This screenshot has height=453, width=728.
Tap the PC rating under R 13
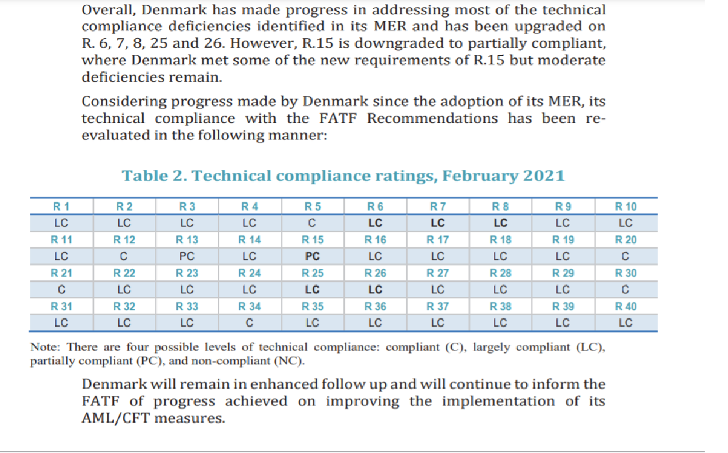click(x=187, y=257)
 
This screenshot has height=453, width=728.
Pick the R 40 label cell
click(x=626, y=307)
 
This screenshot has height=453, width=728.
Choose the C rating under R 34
click(x=250, y=324)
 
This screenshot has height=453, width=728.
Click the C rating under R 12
click(x=124, y=257)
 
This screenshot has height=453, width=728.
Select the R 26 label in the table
click(x=375, y=274)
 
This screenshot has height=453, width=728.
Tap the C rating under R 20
click(x=626, y=257)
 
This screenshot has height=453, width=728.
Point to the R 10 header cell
click(x=626, y=207)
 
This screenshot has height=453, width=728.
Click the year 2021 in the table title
click(x=544, y=176)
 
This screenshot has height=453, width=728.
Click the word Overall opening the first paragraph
click(x=106, y=10)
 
